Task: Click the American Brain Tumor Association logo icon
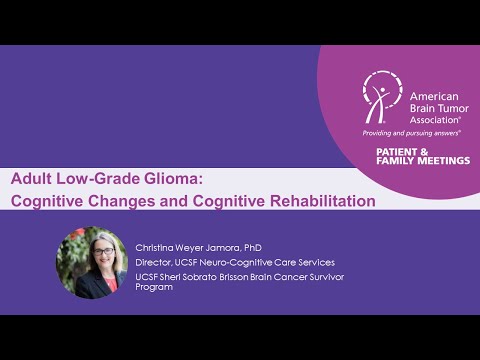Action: point(380,97)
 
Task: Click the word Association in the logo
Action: point(432,114)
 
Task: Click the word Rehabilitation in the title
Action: point(317,200)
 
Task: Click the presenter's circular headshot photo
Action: point(91,262)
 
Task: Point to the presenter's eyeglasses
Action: point(93,253)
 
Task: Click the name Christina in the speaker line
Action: point(158,245)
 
